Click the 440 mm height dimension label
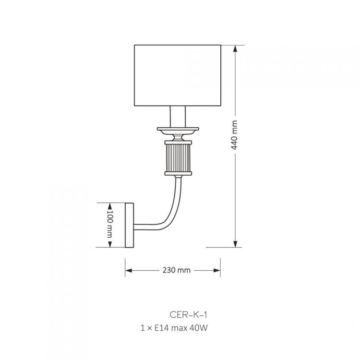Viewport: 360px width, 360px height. click(x=234, y=135)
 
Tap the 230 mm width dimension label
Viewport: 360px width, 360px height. click(x=177, y=270)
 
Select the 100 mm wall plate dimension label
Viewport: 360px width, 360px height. click(x=110, y=223)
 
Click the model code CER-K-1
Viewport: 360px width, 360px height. click(x=188, y=314)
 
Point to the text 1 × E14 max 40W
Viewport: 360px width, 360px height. click(x=174, y=328)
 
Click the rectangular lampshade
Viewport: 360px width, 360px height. click(x=178, y=75)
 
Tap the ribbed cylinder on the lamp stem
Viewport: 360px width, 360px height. click(x=178, y=158)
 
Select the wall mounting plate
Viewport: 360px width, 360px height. click(x=129, y=225)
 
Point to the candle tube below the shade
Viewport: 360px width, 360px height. click(x=178, y=117)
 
